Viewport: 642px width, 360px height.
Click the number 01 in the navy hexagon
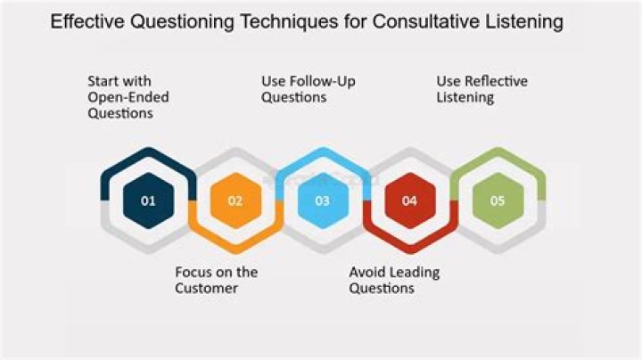point(148,200)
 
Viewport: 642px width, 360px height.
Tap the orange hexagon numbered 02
point(235,200)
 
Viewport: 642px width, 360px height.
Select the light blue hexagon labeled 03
point(322,200)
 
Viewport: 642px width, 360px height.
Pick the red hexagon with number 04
point(409,200)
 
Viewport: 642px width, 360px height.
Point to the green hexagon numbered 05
point(497,200)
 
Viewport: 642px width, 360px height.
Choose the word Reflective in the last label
point(495,81)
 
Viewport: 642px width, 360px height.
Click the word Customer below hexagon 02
point(207,288)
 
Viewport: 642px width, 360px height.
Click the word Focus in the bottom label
point(193,272)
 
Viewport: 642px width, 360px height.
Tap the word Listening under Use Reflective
point(465,97)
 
